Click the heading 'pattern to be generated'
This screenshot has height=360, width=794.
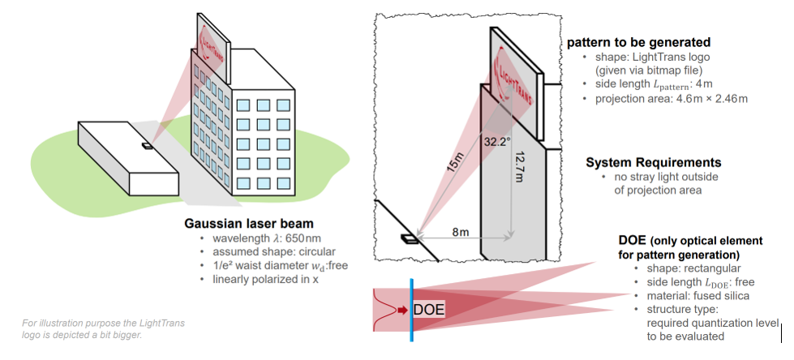pyautogui.click(x=638, y=42)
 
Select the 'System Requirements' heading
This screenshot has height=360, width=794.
pyautogui.click(x=654, y=162)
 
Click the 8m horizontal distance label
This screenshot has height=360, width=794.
pyautogui.click(x=460, y=232)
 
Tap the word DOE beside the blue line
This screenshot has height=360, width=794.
pyautogui.click(x=430, y=309)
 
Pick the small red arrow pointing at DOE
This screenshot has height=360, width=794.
pyautogui.click(x=401, y=309)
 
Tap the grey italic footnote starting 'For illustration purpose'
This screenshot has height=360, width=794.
pyautogui.click(x=103, y=328)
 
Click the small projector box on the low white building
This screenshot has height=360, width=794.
pyautogui.click(x=147, y=147)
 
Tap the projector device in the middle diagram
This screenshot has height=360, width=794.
pyautogui.click(x=410, y=238)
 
